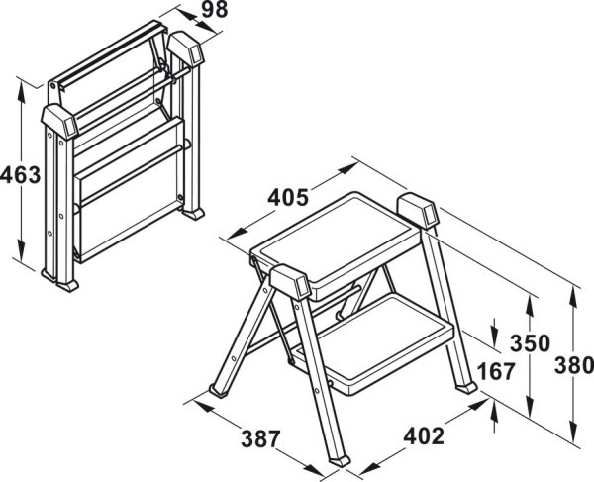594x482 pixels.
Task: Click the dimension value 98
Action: tap(215, 10)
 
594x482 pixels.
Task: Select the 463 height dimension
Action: tap(20, 175)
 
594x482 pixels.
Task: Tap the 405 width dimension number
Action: tap(288, 198)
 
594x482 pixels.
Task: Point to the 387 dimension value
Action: tap(261, 439)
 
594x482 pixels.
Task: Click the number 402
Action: tap(424, 436)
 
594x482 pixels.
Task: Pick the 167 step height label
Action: tap(497, 371)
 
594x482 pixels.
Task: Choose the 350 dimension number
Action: tap(530, 343)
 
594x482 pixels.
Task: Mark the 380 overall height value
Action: tap(574, 366)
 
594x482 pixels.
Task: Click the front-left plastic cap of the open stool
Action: tap(290, 281)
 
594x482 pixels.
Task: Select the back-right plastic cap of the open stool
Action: tap(418, 211)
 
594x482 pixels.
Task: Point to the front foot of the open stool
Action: tap(340, 461)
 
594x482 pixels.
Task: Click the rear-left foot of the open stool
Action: tap(220, 390)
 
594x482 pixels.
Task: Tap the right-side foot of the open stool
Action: tap(466, 388)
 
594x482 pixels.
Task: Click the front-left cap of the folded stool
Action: tap(59, 121)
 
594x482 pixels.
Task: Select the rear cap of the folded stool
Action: tap(186, 48)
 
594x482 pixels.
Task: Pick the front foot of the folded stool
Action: tap(67, 285)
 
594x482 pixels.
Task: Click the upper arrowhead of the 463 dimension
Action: tap(21, 90)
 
